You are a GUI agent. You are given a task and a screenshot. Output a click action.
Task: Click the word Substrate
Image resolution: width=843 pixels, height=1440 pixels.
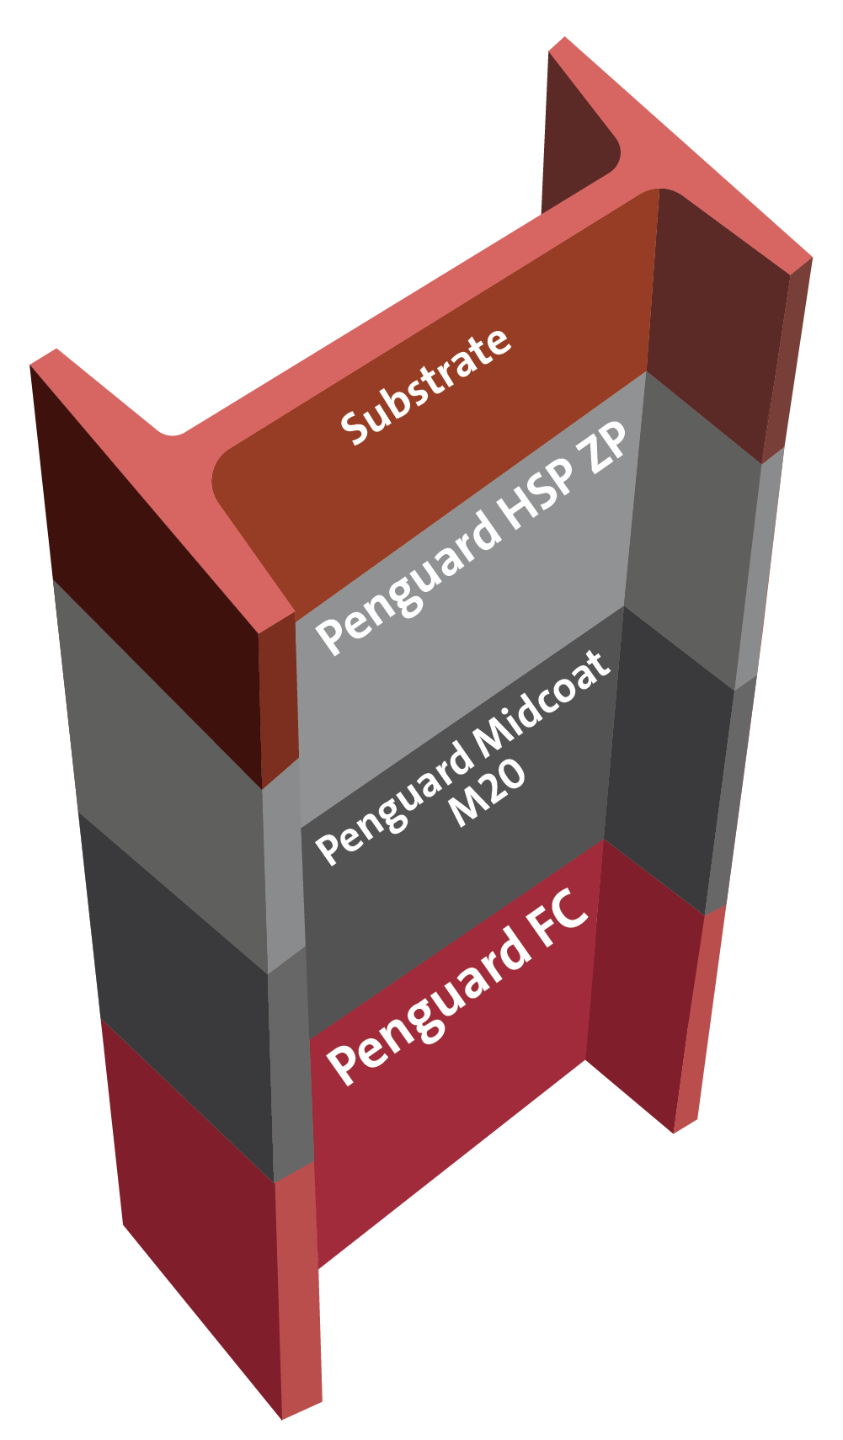pyautogui.click(x=426, y=387)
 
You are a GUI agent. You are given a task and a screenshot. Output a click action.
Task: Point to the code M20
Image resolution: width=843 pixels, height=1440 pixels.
pyautogui.click(x=487, y=794)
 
